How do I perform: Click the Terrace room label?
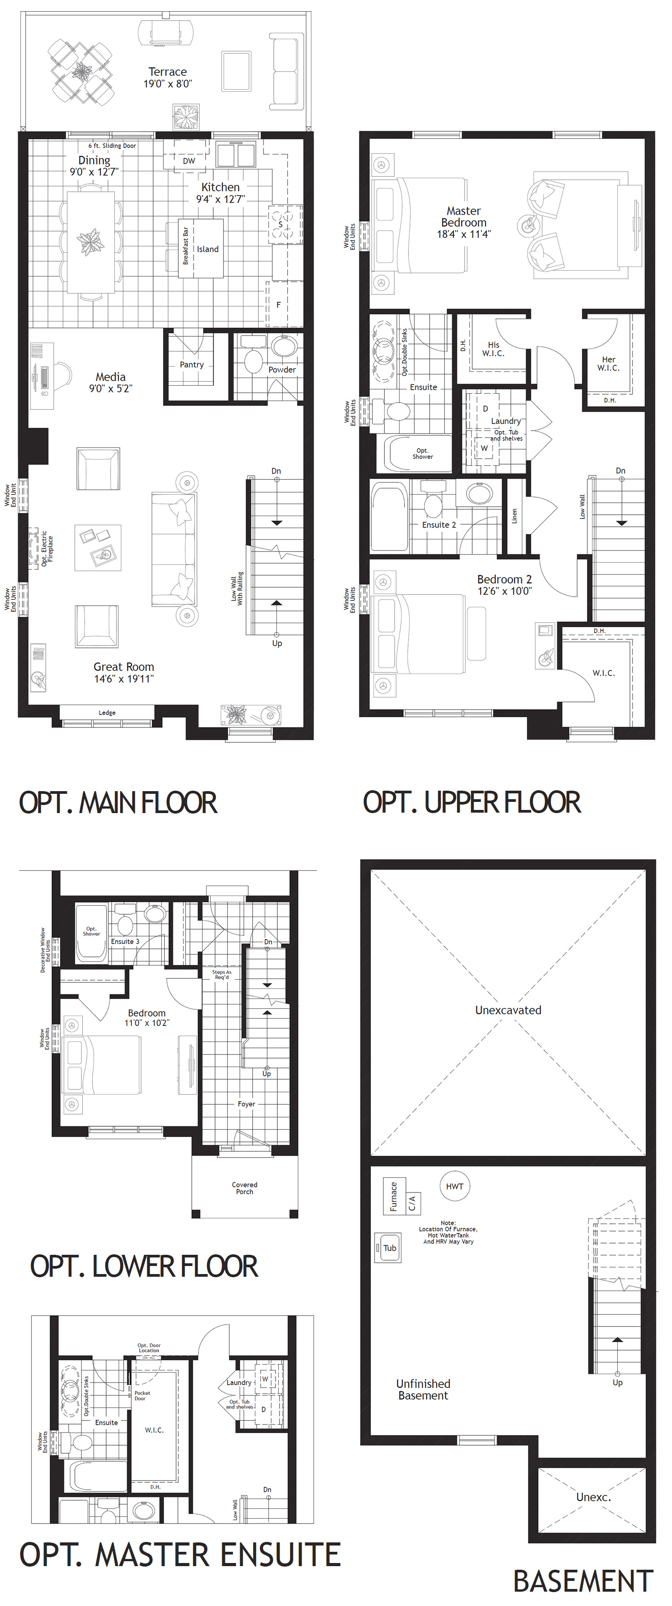coord(167,72)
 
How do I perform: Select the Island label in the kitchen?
coord(207,249)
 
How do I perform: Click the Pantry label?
coord(191,365)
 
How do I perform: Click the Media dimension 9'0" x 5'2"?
coord(110,388)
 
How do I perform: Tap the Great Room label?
coord(124,667)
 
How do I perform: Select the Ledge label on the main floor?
coord(107,713)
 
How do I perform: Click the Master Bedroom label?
coord(463,216)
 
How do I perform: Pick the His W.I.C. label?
coord(493,349)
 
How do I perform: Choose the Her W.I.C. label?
coord(608,363)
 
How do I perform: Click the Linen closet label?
coord(514,516)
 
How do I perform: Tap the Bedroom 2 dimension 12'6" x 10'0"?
coord(504,591)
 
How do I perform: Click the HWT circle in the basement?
coord(454,1186)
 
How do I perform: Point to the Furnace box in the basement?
coord(393,1196)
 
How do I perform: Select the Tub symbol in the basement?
coord(389,1248)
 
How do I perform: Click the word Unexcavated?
coord(508,1010)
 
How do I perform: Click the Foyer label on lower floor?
coord(246,1103)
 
